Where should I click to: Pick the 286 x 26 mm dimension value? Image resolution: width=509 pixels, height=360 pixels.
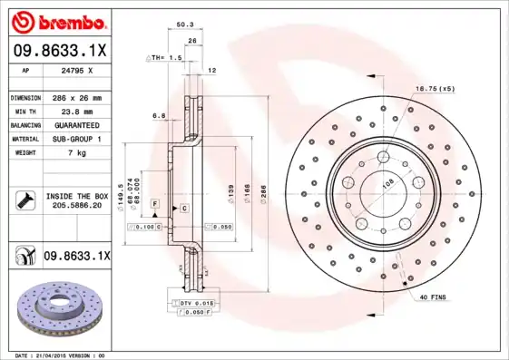coord(75,97)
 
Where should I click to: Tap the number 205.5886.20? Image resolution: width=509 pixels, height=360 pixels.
coord(75,206)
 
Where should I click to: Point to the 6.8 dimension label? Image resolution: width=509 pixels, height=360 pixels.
coord(159,115)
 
